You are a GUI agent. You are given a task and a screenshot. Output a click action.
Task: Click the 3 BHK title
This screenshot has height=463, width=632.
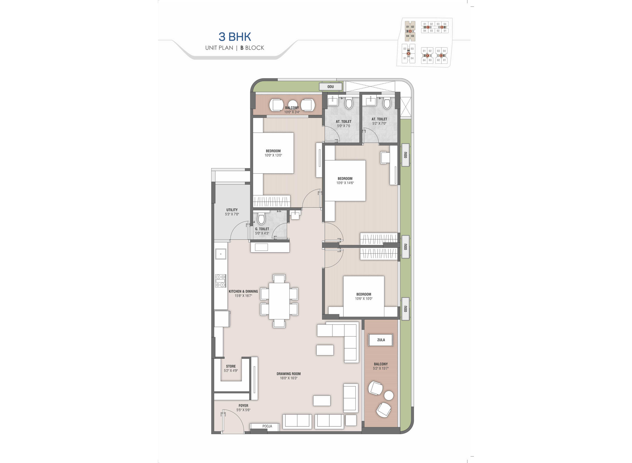pyautogui.click(x=235, y=37)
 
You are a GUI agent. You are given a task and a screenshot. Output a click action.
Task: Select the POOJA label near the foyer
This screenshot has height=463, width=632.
pyautogui.click(x=267, y=426)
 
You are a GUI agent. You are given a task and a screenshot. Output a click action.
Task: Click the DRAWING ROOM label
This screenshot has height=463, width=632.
pyautogui.click(x=289, y=374)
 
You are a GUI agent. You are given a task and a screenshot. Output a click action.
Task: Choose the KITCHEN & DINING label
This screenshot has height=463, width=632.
pyautogui.click(x=243, y=291)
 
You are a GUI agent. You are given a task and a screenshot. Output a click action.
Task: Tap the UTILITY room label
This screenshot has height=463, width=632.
pyautogui.click(x=232, y=210)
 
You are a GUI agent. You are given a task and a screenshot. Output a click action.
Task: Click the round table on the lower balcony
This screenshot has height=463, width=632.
pyautogui.click(x=389, y=395)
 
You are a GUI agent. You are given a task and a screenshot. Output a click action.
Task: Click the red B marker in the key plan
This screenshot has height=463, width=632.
pyautogui.click(x=410, y=31)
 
